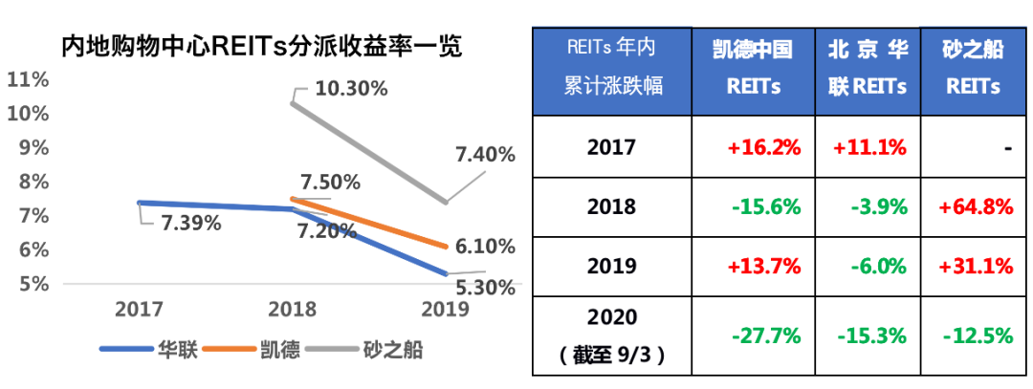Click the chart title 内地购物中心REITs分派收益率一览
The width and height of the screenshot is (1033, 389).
[261, 46]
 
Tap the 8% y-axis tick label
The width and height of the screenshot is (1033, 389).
[33, 182]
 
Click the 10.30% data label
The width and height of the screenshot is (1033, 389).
[350, 89]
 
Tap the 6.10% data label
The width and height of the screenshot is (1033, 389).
[483, 247]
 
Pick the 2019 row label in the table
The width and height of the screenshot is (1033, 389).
[612, 267]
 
